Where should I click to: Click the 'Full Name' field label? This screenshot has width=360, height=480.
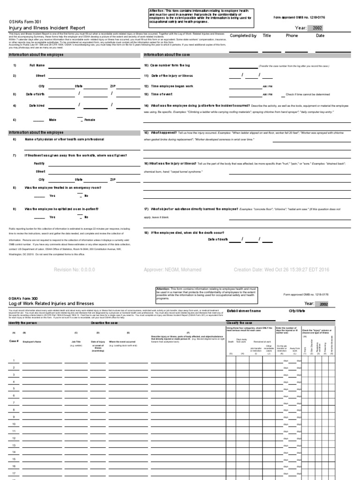click(37, 66)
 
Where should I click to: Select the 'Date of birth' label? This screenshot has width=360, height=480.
click(35, 94)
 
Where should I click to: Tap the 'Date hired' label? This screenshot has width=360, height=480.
click(37, 106)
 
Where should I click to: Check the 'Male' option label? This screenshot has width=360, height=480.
click(52, 120)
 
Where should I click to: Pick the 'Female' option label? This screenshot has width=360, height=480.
click(89, 120)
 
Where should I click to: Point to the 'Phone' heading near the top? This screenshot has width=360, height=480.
click(292, 36)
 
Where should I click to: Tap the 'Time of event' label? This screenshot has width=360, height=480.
click(161, 94)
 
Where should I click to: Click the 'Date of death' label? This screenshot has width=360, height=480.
click(218, 240)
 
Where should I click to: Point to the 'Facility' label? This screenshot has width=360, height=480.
click(39, 163)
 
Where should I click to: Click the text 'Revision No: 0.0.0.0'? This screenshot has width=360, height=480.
click(75, 270)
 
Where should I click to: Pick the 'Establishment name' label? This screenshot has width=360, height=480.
click(244, 311)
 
